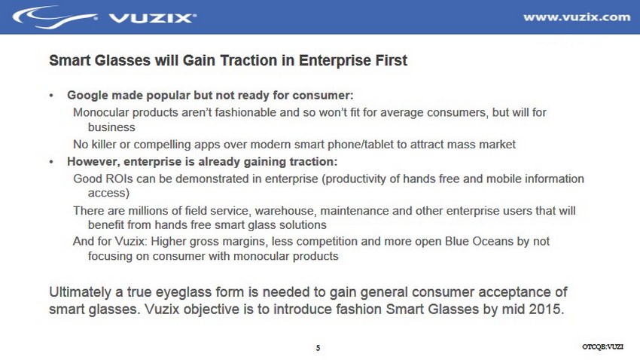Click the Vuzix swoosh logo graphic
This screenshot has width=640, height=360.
(55, 17)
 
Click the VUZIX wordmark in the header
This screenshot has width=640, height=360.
(152, 18)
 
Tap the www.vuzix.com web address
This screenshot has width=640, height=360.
(577, 17)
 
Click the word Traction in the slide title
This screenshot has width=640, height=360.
(249, 60)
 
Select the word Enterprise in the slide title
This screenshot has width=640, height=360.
(330, 60)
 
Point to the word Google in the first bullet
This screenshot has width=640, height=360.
(87, 96)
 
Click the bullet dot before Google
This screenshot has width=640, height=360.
(51, 96)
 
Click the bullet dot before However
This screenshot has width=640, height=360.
(51, 162)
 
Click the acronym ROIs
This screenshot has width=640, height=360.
(119, 178)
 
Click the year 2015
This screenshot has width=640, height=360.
(547, 309)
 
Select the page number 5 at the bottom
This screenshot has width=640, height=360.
(318, 348)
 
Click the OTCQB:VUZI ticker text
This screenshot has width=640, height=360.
(602, 347)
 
